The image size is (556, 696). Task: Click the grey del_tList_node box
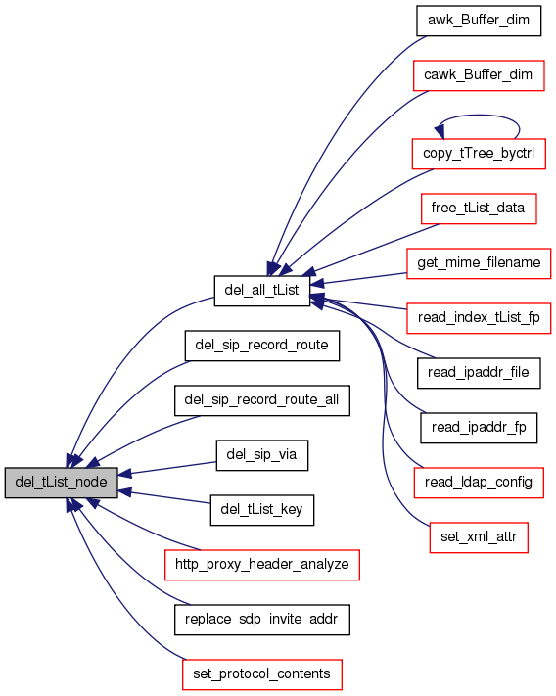coord(62,482)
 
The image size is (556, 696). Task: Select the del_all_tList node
coord(261,291)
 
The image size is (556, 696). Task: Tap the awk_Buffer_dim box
coord(479,21)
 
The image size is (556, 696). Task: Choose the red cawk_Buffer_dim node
coord(479,75)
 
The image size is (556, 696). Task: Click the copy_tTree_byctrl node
coord(479,154)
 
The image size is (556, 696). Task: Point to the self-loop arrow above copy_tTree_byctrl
coord(479,116)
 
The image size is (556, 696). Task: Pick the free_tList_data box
coord(479,209)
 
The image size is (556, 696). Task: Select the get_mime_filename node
coord(479,263)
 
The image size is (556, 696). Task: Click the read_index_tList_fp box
coord(479,318)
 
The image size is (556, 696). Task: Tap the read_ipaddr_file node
coord(479,373)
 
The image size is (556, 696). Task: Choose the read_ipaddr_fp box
coord(479,428)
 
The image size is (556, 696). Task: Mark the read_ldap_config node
coord(479,483)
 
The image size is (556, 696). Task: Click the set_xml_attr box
coord(479,537)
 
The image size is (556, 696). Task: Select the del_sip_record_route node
coord(261,346)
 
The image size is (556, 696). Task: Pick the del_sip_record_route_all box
coord(261,400)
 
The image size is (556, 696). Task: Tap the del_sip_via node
coord(261,455)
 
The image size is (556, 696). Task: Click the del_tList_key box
coord(261,510)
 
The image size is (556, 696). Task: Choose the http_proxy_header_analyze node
coord(261,565)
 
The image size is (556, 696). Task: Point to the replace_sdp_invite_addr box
coord(261,620)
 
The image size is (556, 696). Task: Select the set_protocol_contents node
coord(261,674)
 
